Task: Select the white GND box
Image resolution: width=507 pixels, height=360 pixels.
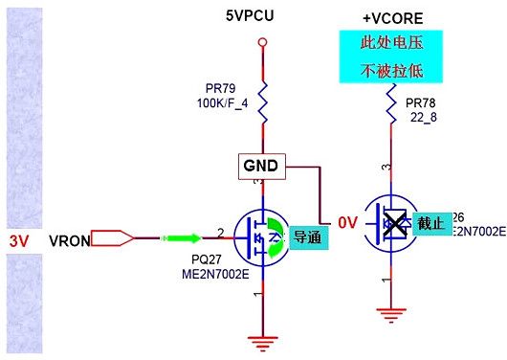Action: [260, 166]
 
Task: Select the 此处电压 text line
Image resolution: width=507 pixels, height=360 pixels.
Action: [389, 45]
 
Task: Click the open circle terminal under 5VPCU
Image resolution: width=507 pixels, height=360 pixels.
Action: [261, 43]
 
